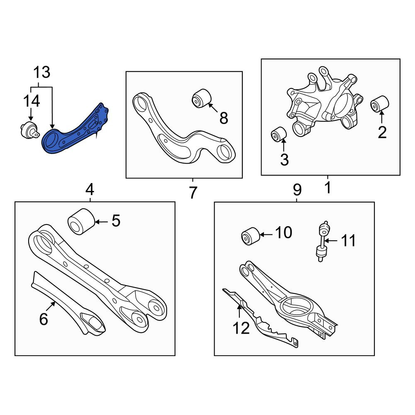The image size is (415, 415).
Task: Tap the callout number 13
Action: point(41,72)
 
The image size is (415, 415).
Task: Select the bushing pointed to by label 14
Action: point(29,130)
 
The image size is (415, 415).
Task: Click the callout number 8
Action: point(224,118)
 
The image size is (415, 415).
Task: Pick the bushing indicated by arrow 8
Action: point(202,98)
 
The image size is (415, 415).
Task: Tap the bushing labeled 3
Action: point(279,134)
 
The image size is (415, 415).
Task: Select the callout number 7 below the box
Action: point(193,193)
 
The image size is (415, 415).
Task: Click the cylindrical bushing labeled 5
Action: point(81,222)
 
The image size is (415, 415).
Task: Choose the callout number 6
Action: point(44,319)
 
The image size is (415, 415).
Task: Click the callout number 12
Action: point(241,328)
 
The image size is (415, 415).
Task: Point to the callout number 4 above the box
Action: point(90,190)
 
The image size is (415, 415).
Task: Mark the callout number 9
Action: point(297,190)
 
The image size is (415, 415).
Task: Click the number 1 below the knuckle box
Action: point(328,188)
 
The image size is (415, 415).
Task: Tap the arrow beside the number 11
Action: point(331,241)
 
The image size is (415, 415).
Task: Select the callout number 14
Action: point(32,101)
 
